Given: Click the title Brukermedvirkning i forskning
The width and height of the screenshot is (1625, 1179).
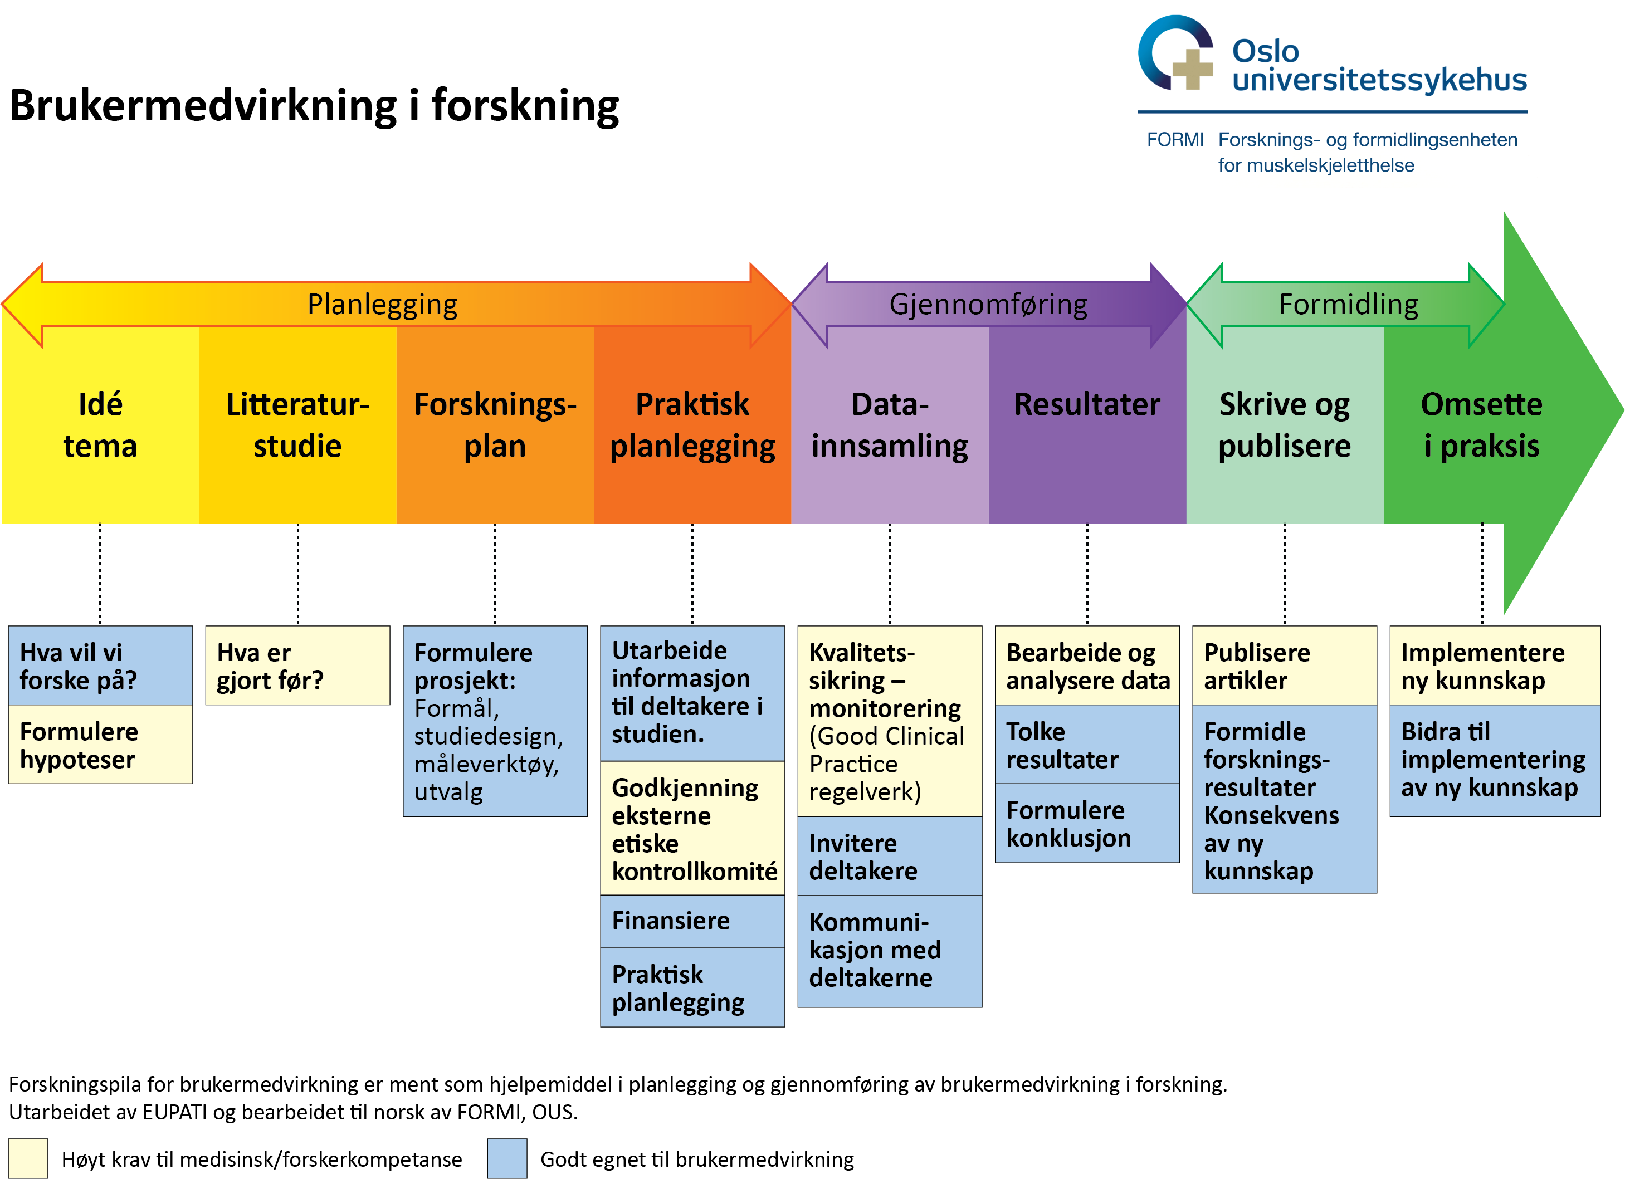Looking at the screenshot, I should pos(314,106).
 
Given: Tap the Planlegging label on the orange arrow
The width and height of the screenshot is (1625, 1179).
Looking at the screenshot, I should pos(382,305).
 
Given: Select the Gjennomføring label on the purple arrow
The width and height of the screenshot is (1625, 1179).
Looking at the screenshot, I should pos(988,305).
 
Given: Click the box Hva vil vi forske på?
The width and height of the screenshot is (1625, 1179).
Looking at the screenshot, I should pos(100,666).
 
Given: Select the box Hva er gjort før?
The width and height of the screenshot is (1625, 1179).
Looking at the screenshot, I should pos(297,666).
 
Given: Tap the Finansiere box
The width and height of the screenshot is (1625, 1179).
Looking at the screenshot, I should pos(692,921).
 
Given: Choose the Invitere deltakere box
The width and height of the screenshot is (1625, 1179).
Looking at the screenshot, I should pos(889,856).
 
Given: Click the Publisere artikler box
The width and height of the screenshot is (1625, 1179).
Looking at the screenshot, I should pos(1284,666).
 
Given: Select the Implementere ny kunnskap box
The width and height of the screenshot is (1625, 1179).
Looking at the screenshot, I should pos(1494,666).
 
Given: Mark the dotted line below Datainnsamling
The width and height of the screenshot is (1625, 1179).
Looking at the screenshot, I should pos(890,573).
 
